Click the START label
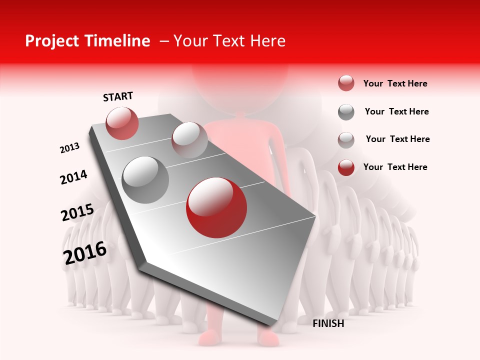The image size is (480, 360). tap(118, 96)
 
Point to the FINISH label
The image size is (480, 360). tap(328, 323)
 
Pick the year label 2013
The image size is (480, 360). tap(70, 148)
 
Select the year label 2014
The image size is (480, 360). tap(73, 177)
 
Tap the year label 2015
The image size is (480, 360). tap(77, 212)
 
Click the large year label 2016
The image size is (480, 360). tap(85, 253)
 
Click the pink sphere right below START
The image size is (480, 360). tap(122, 123)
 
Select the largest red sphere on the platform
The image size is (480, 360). tap(216, 207)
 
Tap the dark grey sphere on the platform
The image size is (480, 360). tap(145, 179)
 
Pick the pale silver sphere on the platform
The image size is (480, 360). tap(189, 139)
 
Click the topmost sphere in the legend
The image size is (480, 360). tap(346, 83)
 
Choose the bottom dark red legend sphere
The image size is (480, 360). tap(346, 167)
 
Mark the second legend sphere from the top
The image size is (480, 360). tap(346, 112)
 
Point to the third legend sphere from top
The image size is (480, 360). tap(346, 140)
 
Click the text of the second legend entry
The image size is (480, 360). tap(396, 111)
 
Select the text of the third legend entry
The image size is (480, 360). tap(397, 139)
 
